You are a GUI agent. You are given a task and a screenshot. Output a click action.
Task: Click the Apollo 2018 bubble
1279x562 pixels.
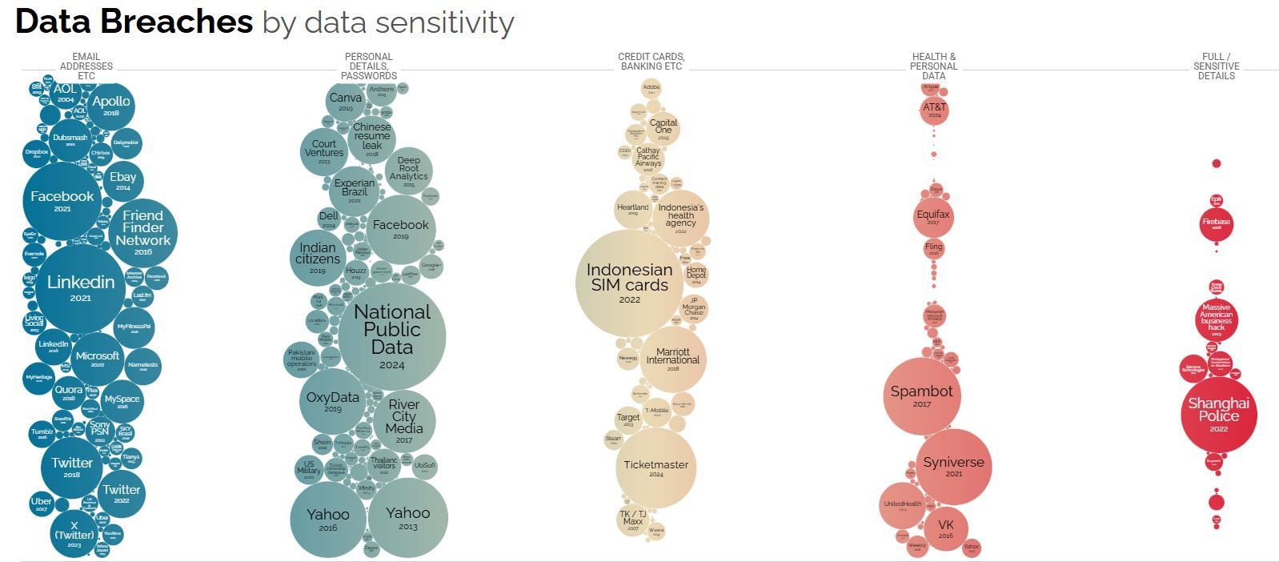point(110,106)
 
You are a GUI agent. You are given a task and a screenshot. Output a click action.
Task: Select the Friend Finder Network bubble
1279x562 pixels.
point(142,232)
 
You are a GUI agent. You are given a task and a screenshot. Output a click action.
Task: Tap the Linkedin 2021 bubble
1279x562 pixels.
point(80,288)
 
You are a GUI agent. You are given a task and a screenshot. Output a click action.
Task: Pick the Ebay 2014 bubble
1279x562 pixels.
point(122,181)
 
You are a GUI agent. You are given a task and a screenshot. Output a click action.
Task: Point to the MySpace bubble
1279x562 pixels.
point(122,402)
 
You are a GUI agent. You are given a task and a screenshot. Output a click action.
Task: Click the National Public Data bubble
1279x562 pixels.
point(391,336)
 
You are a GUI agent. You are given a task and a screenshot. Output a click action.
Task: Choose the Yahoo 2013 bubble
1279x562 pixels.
point(407,517)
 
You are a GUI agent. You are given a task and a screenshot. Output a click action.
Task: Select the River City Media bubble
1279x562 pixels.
point(403,420)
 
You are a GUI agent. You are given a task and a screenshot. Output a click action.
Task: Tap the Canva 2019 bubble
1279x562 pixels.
point(346,101)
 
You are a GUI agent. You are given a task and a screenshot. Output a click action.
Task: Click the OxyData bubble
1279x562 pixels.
point(332,401)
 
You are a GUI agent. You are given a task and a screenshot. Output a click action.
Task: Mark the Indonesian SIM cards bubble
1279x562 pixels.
point(629,283)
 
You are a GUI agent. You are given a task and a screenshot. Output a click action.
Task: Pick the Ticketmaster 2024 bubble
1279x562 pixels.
point(656,468)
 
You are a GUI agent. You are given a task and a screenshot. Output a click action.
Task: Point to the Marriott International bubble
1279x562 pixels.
point(672,359)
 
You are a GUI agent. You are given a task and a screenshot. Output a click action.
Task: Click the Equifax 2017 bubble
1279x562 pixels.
point(933,216)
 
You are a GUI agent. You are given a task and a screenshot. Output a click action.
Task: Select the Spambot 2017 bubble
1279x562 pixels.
point(922,395)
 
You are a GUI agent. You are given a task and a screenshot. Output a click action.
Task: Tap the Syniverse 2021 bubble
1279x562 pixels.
point(953,466)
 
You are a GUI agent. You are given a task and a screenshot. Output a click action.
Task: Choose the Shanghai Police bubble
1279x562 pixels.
point(1218,415)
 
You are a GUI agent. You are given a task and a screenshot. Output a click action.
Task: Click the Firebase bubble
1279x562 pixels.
point(1216,223)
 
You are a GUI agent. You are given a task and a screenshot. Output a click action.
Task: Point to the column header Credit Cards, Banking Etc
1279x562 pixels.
point(651,62)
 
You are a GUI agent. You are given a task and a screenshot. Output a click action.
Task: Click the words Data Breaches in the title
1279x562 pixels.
point(134,22)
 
